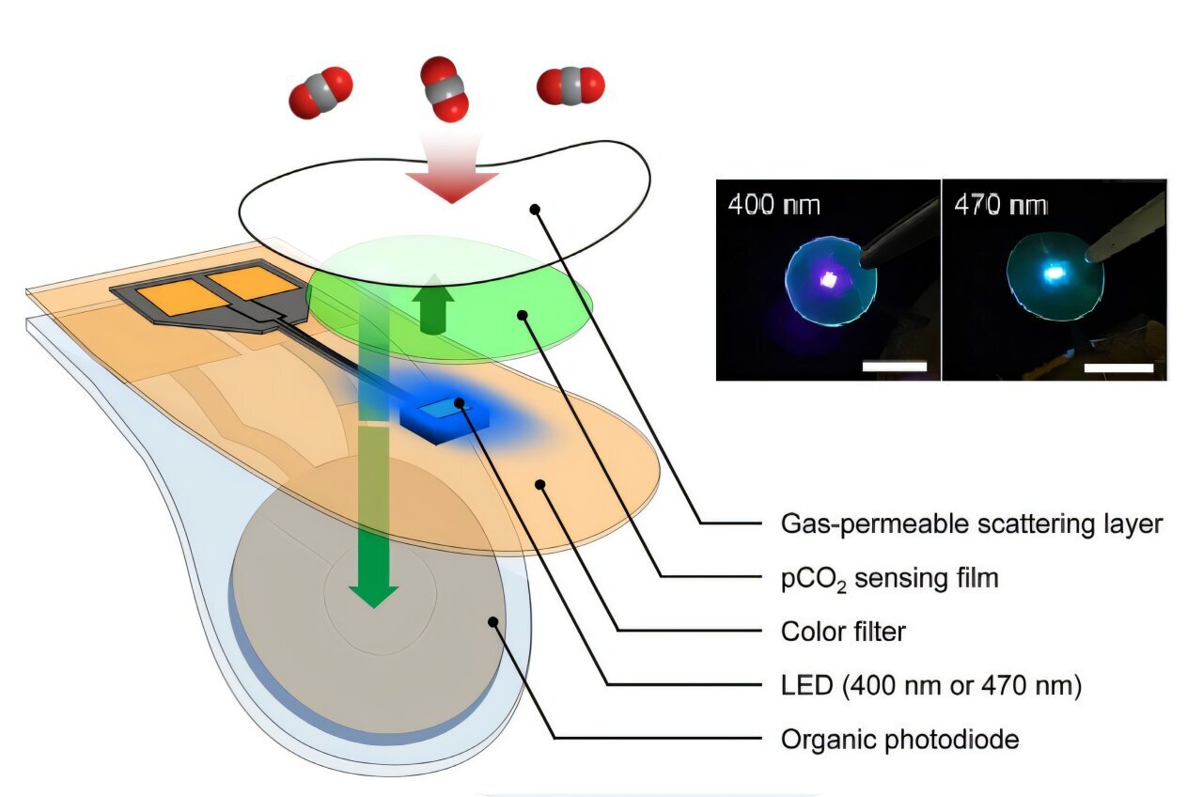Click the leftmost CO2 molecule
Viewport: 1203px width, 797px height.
pos(320,93)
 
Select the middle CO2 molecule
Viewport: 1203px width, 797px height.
pos(444,88)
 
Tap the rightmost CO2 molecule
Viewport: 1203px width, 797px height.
pos(570,86)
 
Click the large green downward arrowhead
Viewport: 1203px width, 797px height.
pos(374,591)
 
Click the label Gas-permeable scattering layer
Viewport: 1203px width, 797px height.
pos(972,524)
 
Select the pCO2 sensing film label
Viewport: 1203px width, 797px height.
pos(889,578)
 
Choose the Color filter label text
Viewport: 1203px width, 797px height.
pos(843,632)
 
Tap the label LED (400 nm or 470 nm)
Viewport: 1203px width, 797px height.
pos(931,686)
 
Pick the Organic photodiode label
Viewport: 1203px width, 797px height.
pos(899,740)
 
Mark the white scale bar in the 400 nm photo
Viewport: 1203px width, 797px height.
pos(894,366)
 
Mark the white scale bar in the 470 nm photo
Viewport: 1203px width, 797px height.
pos(1118,367)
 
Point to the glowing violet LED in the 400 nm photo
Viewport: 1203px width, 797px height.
pos(831,277)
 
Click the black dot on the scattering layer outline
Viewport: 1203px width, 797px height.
pos(536,209)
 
